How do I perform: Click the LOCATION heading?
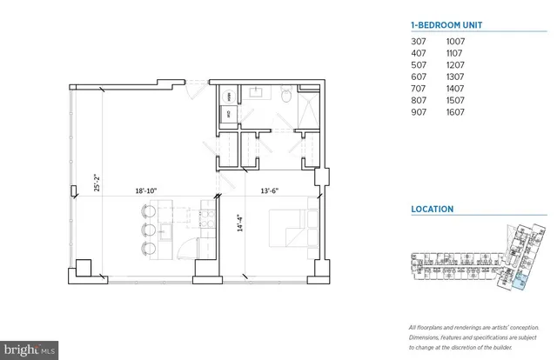point(432,210)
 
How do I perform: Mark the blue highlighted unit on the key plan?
point(519,279)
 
